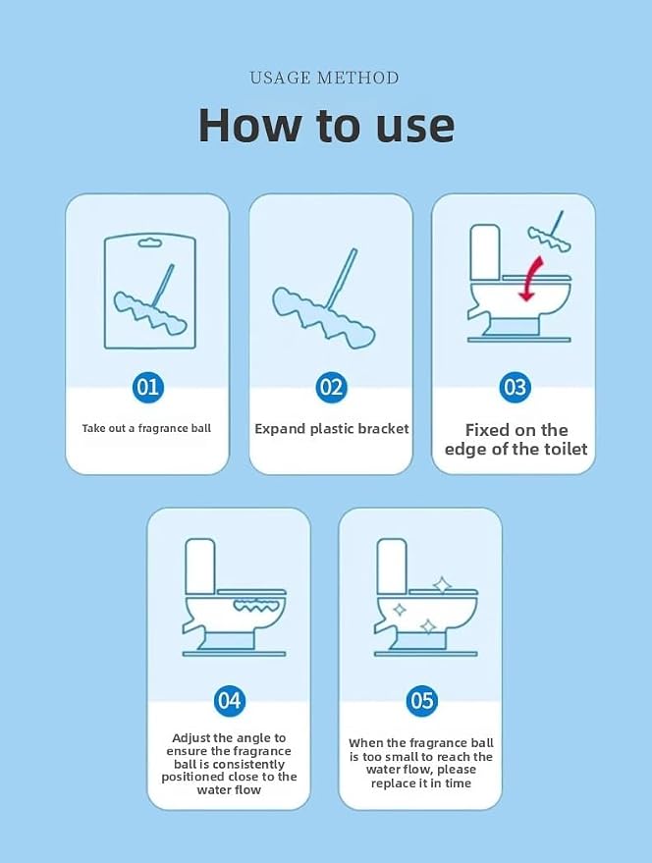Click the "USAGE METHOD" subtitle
coord(324,78)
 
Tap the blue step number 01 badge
coord(147,387)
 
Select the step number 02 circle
coord(332,387)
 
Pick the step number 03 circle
coord(515,387)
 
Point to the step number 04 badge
coord(229,700)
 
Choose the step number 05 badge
coord(422,700)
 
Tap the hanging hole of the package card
coord(149,243)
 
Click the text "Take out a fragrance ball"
coord(146,428)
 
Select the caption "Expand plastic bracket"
coord(332,429)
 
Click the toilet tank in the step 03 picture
coord(485,252)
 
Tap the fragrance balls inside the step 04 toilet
coord(257,606)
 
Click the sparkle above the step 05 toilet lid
coord(442,584)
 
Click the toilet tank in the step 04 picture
coord(200,566)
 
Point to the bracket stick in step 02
coord(343,278)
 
